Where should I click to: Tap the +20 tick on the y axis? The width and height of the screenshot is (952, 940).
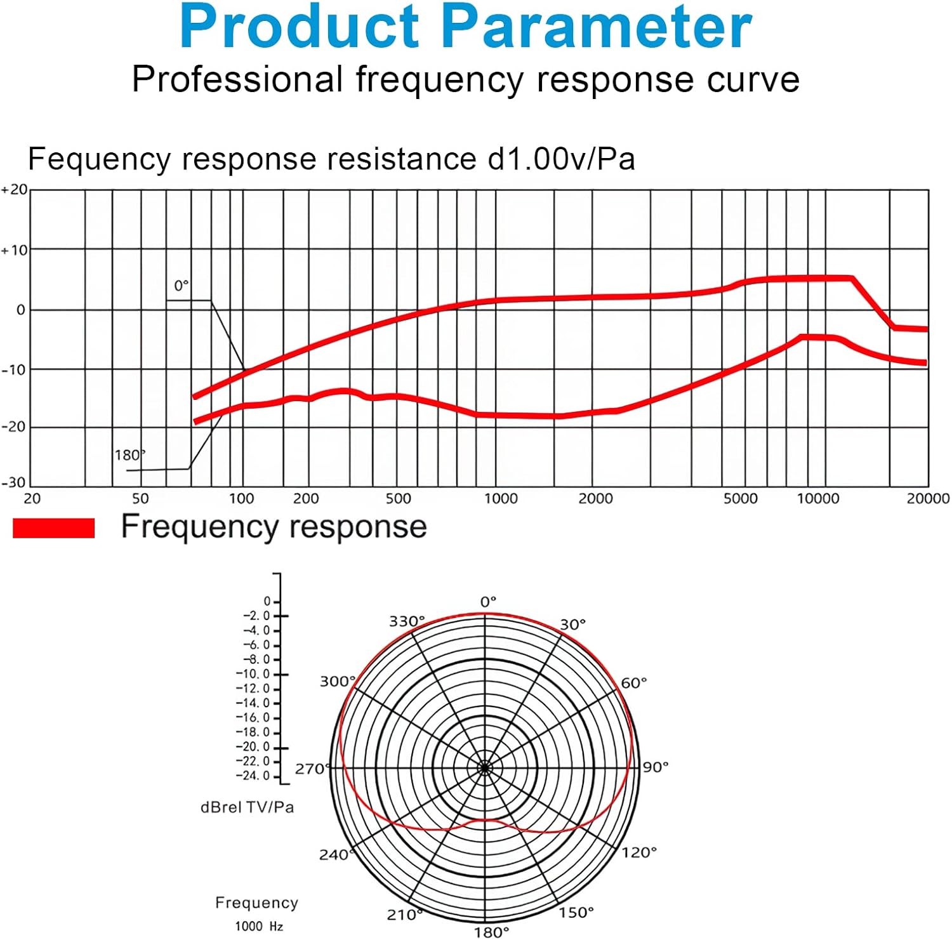[x=15, y=189]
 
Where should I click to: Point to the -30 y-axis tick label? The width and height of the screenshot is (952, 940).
[x=13, y=482]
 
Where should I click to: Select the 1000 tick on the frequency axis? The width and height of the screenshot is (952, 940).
[x=501, y=499]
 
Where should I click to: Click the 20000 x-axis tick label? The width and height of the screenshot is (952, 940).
[x=927, y=499]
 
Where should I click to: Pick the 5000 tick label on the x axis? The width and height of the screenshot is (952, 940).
[x=740, y=499]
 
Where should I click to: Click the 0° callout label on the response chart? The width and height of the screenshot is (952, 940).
[x=182, y=286]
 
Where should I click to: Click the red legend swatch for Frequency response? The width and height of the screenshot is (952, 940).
[x=53, y=528]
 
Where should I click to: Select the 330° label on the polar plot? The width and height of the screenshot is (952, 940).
[x=407, y=621]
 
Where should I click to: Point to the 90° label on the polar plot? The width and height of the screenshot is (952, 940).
[x=656, y=767]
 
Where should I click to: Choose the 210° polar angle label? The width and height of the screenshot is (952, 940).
[x=404, y=915]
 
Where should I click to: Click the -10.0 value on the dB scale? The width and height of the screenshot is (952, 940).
[x=253, y=674]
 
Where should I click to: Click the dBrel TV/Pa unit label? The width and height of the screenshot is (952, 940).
[x=248, y=807]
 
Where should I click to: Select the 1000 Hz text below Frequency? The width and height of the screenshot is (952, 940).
[x=259, y=927]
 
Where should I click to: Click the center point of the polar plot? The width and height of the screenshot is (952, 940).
[x=486, y=768]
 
